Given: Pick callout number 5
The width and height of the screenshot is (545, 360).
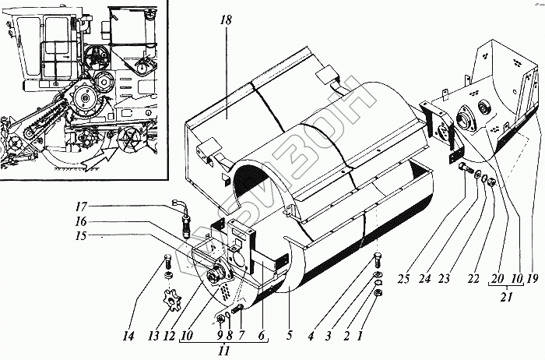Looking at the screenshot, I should [289, 337].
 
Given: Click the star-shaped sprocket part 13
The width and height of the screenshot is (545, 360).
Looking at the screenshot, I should [167, 299].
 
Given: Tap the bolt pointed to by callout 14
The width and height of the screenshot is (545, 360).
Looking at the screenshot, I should [169, 264].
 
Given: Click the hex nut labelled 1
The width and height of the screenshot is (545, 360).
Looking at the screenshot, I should [379, 293].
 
